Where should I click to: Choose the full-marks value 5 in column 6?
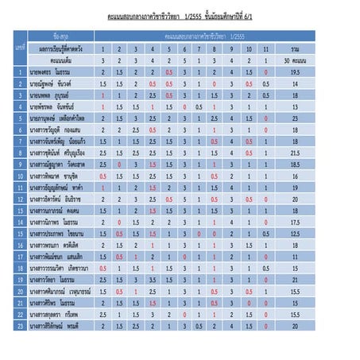coord(168,60)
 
